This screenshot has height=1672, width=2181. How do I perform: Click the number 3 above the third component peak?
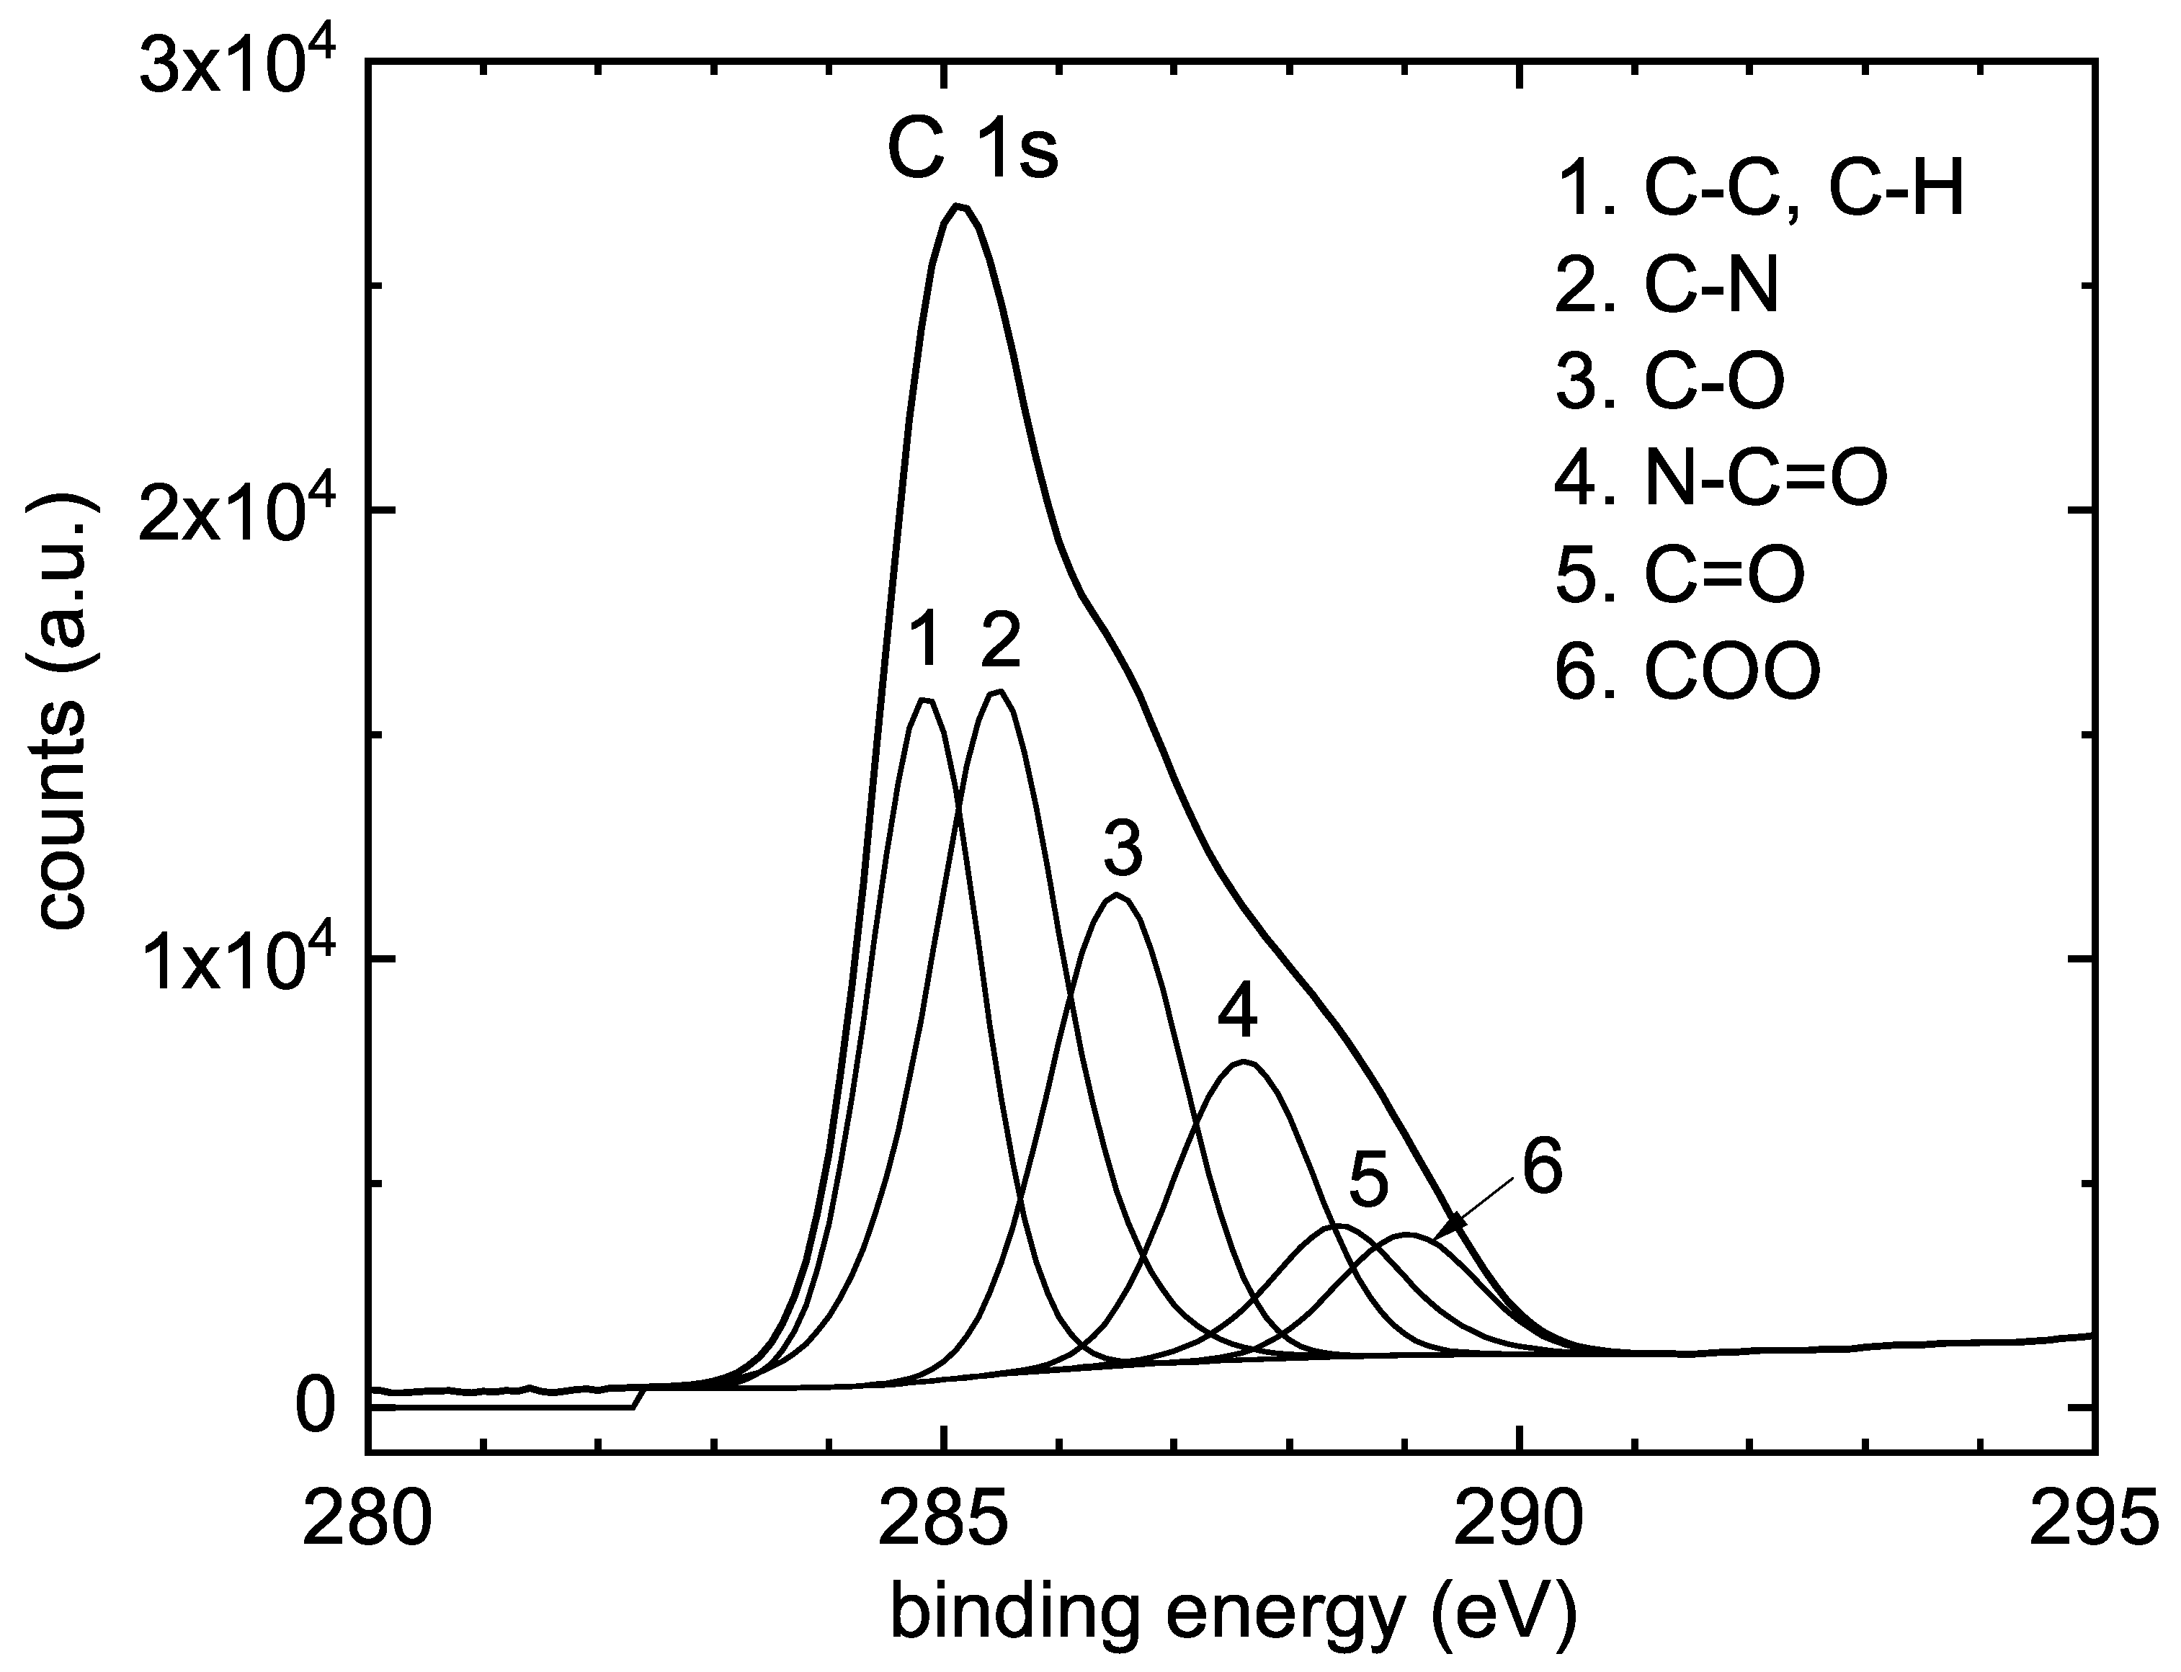click(1123, 848)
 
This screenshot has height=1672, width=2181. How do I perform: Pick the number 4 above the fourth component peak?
click(1237, 1013)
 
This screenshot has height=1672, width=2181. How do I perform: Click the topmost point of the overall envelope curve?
click(958, 206)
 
